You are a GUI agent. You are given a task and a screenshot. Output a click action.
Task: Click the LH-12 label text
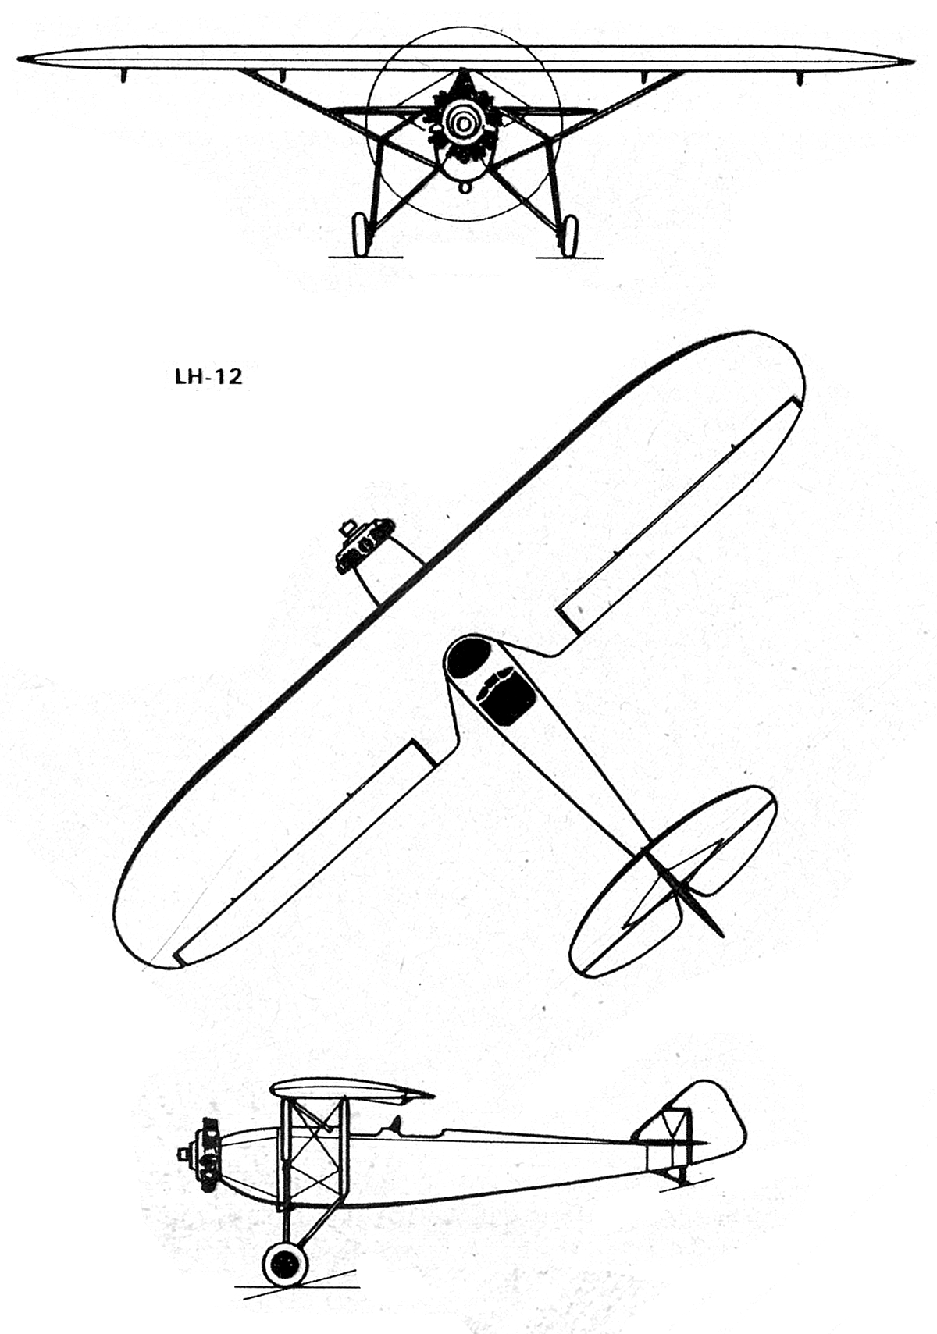click(207, 377)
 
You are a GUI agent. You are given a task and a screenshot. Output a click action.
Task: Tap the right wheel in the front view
click(569, 236)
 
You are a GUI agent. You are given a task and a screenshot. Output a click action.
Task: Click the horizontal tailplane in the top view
click(673, 881)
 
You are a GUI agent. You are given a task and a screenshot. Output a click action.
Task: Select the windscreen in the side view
click(394, 1124)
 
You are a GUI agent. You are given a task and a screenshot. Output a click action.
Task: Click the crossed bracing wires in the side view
click(311, 1148)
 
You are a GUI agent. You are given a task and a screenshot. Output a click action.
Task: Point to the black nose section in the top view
click(468, 659)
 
